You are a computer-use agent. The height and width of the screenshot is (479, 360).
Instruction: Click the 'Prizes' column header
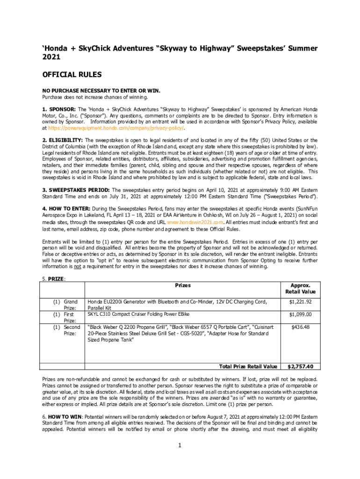[182, 285]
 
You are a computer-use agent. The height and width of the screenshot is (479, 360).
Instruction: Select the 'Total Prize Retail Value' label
[248, 367]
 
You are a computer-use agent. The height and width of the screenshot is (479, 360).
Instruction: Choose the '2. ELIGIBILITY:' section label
[63, 140]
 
